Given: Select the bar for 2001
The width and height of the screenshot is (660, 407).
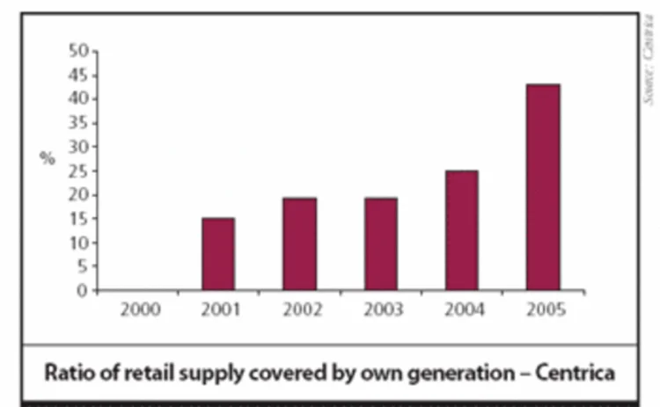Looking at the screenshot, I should (218, 254).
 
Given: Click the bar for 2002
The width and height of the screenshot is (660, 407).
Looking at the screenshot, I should (299, 244).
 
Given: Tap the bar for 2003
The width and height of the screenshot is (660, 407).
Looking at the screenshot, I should (381, 244).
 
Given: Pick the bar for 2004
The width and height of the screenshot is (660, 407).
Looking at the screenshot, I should (462, 230).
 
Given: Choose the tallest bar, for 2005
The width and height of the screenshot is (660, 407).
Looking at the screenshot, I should (543, 187).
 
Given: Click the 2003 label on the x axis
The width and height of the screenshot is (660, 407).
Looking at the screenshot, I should (381, 309).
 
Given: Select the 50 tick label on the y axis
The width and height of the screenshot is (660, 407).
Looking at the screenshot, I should (78, 51).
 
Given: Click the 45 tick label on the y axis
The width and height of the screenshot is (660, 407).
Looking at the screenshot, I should (78, 75).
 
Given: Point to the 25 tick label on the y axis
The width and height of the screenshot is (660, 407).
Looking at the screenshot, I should (78, 171).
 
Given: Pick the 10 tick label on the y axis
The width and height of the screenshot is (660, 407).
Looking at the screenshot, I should (78, 243).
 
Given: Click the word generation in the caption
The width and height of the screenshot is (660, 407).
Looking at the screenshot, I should (460, 372).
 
